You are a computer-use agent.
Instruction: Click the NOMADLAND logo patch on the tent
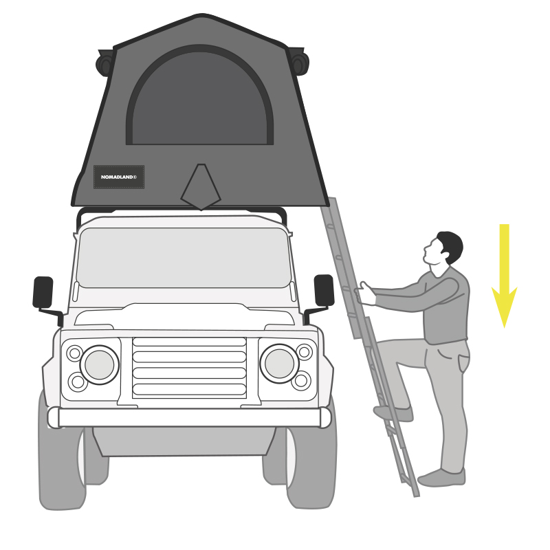click(119, 177)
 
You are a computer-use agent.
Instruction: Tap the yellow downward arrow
click(505, 276)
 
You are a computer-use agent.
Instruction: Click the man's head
click(443, 248)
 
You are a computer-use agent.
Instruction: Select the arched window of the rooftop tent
click(200, 96)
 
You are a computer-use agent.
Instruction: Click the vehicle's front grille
click(190, 368)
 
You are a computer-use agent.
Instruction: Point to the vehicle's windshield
click(184, 258)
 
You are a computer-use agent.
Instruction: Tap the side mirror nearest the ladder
click(324, 290)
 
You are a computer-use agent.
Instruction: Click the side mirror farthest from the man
click(43, 292)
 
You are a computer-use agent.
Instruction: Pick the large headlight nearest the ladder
click(280, 364)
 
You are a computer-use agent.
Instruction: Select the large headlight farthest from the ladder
click(100, 365)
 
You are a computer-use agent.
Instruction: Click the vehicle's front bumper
click(189, 417)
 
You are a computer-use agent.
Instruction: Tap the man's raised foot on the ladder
click(393, 413)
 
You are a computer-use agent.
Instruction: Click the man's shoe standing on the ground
click(441, 478)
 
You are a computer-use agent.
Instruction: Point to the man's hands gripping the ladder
click(365, 294)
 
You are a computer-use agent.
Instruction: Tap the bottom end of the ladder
click(417, 494)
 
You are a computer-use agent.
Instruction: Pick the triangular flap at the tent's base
click(201, 187)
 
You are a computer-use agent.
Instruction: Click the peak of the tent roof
click(201, 14)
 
